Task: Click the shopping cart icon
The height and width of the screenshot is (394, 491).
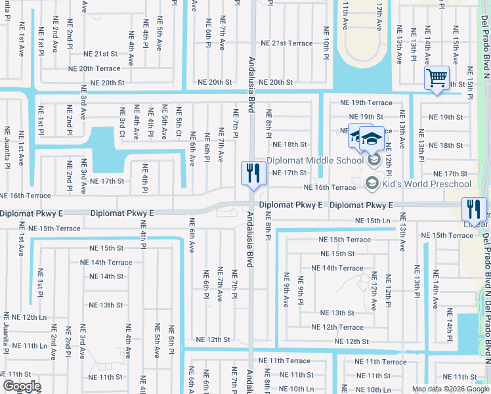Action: tap(437, 77)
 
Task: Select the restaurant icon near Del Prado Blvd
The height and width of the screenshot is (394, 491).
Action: tap(473, 209)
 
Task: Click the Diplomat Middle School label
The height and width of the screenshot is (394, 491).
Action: tap(314, 160)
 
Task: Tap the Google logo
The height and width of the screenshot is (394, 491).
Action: tap(22, 386)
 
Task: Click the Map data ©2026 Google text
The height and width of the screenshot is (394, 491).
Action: tap(450, 389)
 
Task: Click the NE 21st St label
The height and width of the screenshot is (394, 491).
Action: tap(100, 54)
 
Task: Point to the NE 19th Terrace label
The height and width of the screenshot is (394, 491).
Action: tap(366, 102)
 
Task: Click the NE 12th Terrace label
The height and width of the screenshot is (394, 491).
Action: tap(337, 327)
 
